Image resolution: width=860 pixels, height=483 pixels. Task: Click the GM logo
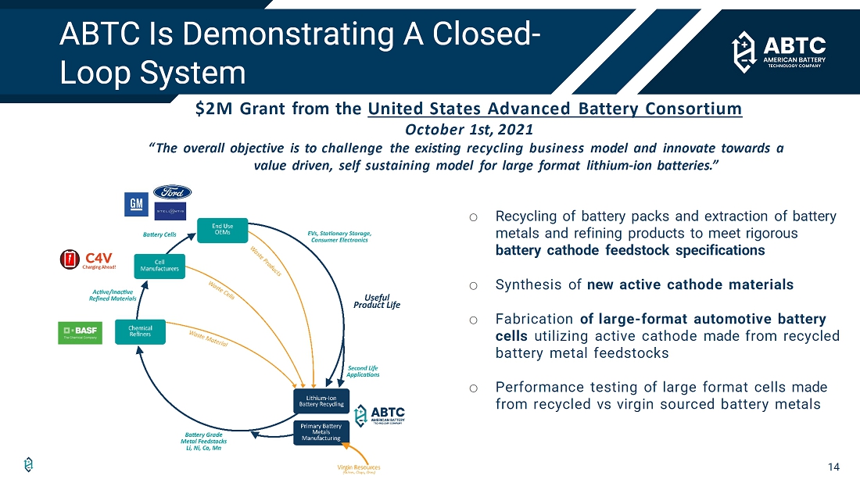coord(136,204)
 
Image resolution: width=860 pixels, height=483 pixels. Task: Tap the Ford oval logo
coord(172,192)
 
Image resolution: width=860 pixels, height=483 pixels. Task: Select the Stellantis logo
coord(170,211)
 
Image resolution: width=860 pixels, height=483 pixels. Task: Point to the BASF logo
coord(80,333)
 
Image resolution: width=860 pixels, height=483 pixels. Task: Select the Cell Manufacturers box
coord(159,266)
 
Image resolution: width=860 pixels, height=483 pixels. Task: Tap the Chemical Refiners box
coord(141,331)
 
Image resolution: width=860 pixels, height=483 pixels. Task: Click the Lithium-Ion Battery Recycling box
coord(321,402)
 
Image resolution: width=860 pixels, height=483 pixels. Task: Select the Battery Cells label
coord(159,234)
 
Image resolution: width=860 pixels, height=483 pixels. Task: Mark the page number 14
coord(833,467)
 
